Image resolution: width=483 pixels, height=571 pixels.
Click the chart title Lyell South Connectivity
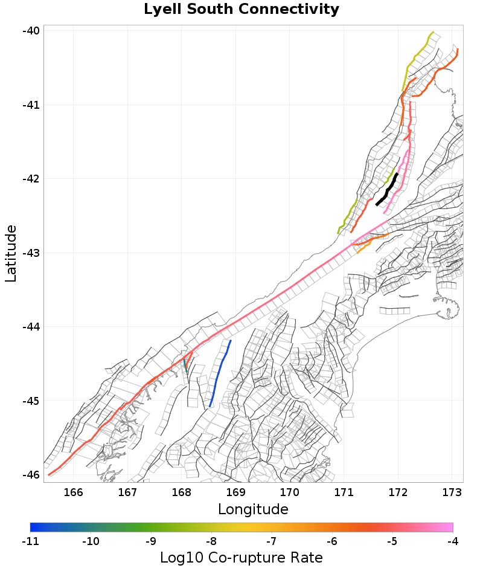[241, 10]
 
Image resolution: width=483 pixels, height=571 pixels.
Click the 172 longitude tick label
[398, 492]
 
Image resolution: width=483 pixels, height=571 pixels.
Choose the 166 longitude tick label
[73, 492]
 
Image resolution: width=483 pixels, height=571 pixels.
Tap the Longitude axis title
[253, 509]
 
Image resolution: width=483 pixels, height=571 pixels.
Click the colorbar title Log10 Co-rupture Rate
[241, 558]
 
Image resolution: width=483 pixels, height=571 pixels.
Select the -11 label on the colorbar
[30, 541]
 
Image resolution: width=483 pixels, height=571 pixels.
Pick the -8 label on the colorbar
[211, 541]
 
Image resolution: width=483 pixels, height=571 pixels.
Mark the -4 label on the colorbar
[452, 541]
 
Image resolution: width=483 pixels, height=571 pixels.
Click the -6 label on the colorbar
[331, 541]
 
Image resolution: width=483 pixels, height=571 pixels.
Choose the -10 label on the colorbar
[91, 541]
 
